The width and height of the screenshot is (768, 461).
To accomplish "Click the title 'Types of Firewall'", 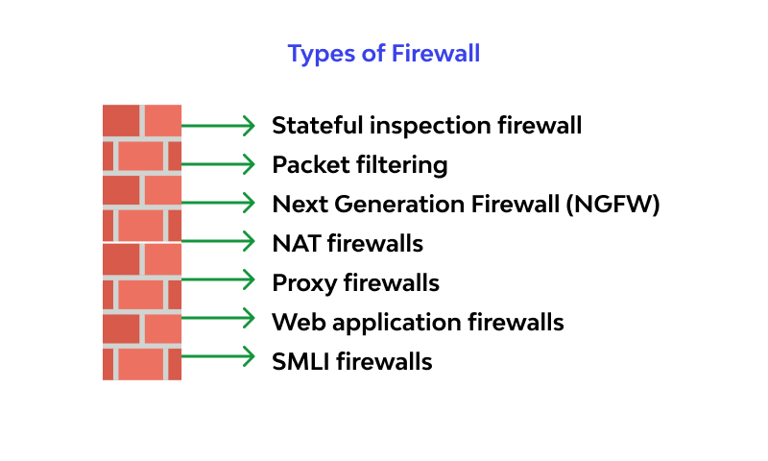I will [384, 54].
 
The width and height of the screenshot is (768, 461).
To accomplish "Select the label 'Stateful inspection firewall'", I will [427, 126].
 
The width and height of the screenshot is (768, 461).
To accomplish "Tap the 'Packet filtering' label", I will [360, 165].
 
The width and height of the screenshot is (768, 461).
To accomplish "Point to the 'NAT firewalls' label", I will [348, 244].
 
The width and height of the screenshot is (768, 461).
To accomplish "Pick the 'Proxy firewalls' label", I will [356, 283].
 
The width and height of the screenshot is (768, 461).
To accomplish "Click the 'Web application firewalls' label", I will [418, 322].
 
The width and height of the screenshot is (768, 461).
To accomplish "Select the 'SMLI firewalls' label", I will [352, 361].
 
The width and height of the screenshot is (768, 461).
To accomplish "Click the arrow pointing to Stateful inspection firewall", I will [218, 126].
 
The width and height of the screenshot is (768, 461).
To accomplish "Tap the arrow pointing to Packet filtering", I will [218, 164].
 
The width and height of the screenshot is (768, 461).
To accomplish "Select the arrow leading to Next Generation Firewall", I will [218, 204].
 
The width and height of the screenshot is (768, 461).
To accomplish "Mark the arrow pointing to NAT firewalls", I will [218, 243].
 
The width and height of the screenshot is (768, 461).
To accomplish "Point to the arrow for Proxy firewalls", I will [218, 282].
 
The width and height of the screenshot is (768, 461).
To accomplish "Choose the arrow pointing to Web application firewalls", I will [218, 321].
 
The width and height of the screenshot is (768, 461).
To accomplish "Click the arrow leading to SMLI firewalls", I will [218, 360].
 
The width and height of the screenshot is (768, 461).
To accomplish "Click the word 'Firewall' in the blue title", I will [435, 54].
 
